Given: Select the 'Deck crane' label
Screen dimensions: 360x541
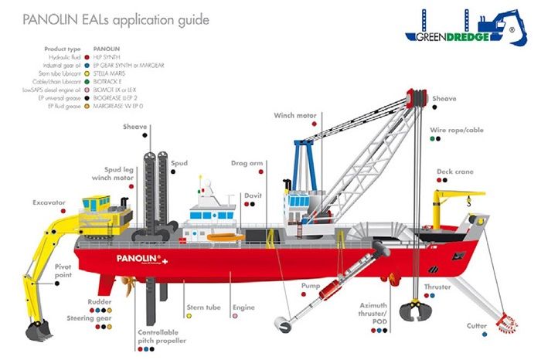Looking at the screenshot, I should pyautogui.click(x=454, y=172).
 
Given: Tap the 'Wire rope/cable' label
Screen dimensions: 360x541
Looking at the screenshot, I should pyautogui.click(x=456, y=130).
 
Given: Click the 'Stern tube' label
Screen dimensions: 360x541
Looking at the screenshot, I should pyautogui.click(x=203, y=307).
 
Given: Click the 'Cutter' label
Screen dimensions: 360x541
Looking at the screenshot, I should pyautogui.click(x=477, y=326).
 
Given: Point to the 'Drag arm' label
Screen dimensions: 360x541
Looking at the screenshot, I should pyautogui.click(x=247, y=164).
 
